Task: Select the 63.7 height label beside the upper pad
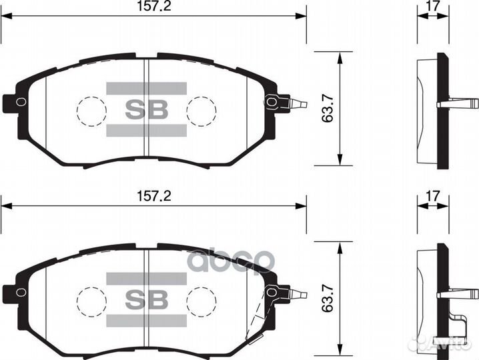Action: [x=327, y=109]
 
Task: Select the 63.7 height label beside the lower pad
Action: [x=327, y=301]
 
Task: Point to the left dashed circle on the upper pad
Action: [x=91, y=110]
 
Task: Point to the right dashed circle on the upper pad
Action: [x=201, y=110]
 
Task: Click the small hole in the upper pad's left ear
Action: [x=21, y=102]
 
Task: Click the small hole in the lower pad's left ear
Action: [x=21, y=292]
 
